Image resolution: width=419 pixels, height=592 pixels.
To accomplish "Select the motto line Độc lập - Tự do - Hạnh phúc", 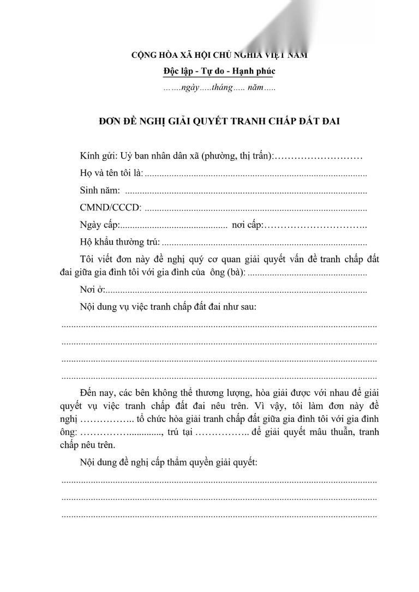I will tap(219, 71).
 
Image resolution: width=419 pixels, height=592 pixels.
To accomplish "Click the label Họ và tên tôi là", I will tap(111, 173).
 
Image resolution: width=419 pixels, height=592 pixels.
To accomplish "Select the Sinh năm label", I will tap(100, 191).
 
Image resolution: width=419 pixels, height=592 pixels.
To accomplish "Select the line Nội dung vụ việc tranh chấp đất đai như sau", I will tap(168, 307).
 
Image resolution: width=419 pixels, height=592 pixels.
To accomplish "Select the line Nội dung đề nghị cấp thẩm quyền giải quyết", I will tap(169, 463).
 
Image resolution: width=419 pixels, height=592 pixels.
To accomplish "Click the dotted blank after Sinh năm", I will tap(246, 192).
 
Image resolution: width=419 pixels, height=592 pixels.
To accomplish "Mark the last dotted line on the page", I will tap(219, 515).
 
